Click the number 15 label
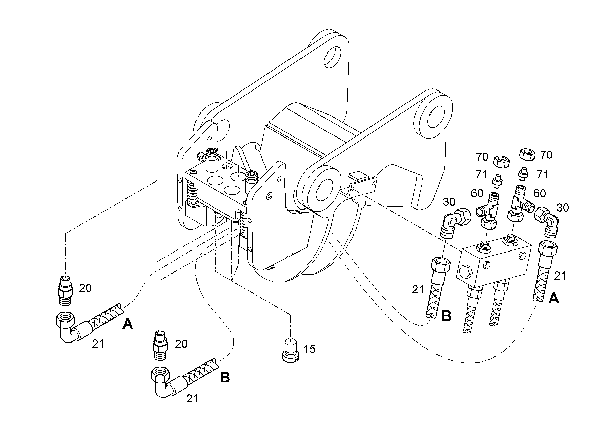point(309,349)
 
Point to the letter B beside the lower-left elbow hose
point(225,377)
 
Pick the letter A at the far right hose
point(553,299)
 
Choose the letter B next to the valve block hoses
point(446,316)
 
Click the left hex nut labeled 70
point(501,162)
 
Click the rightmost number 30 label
point(563,208)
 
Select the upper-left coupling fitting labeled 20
point(65,290)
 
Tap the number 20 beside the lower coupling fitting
point(181,344)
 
